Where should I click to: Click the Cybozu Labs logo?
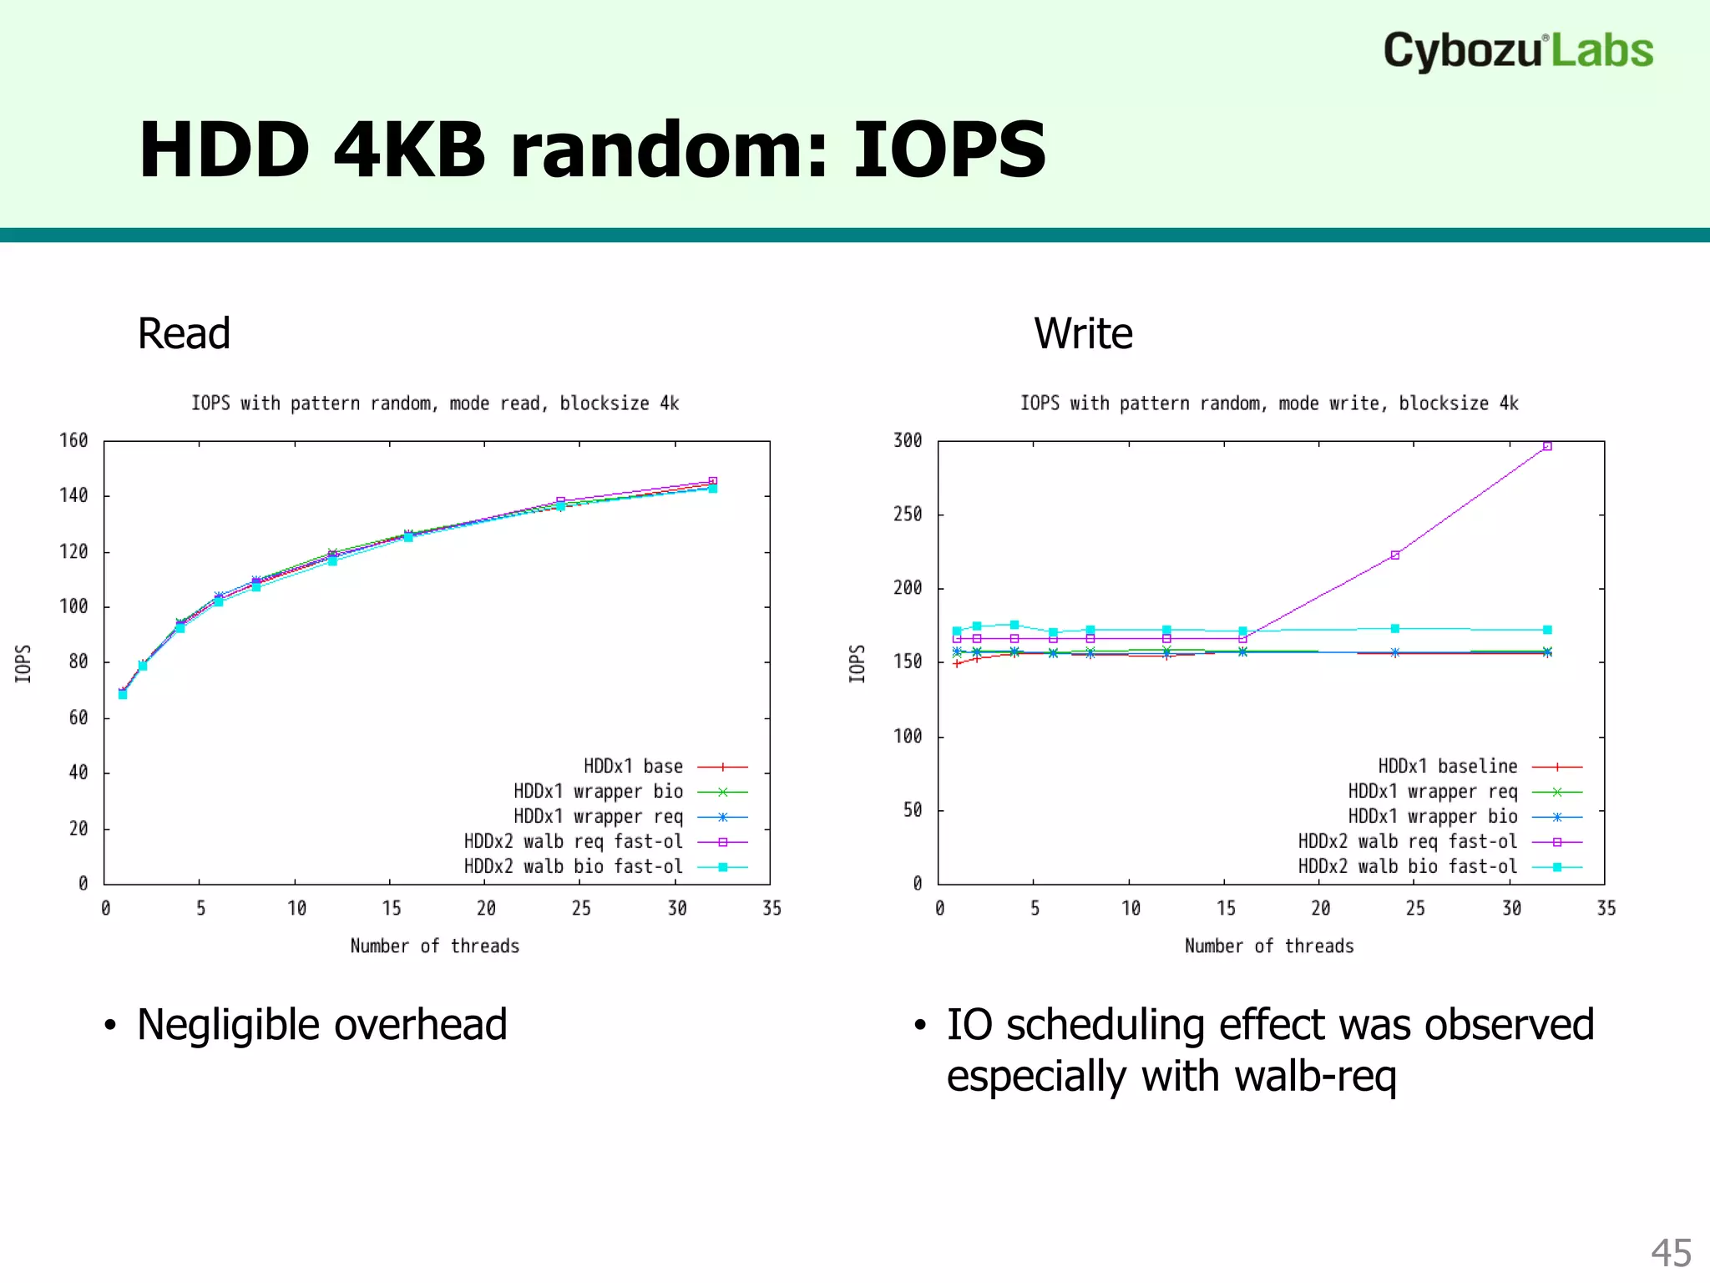[1517, 51]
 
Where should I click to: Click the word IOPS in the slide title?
[949, 150]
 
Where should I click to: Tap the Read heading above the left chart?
[184, 334]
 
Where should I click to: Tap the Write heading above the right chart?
[1083, 334]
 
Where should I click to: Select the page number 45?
[1671, 1253]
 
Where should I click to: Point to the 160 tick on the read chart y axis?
[73, 440]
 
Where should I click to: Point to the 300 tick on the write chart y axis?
[908, 440]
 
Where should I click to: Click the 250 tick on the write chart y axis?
[908, 515]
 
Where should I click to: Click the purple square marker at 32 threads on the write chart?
[1547, 446]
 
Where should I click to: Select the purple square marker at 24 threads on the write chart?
[1395, 555]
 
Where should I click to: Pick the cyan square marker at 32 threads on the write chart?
[1547, 630]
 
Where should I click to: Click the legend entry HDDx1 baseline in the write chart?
[1448, 766]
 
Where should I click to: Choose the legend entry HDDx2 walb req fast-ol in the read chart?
[574, 841]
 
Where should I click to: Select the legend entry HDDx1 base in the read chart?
[633, 766]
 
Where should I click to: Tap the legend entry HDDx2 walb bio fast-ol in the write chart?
[1408, 866]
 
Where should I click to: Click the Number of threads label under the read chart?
[434, 946]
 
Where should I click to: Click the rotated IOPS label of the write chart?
[857, 663]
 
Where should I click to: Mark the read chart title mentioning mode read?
[434, 403]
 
